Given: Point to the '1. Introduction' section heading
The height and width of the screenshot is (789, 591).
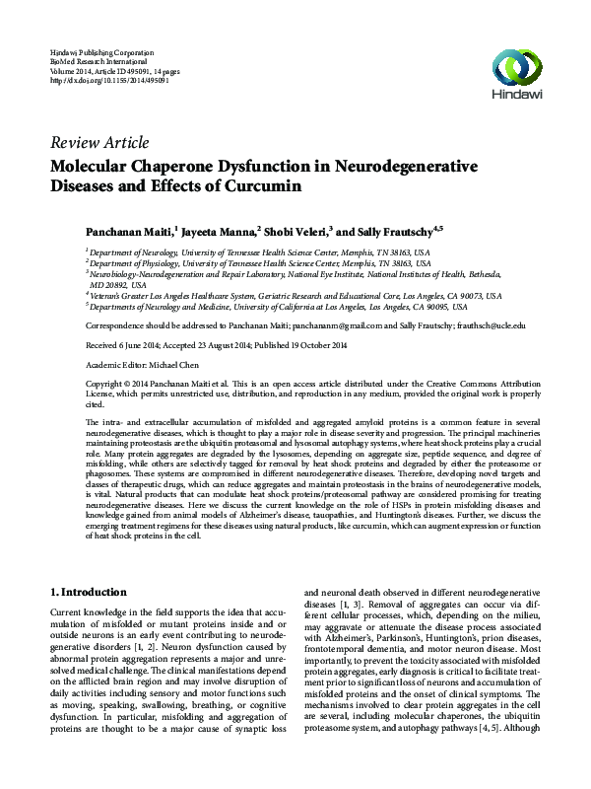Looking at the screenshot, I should pyautogui.click(x=88, y=593).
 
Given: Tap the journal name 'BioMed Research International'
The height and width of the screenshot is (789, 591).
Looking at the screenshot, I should pyautogui.click(x=105, y=59).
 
